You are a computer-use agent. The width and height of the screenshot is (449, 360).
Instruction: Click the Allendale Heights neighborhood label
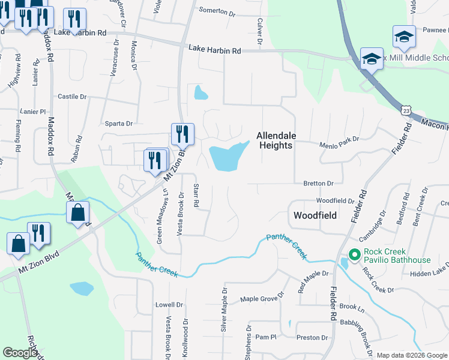point(276,140)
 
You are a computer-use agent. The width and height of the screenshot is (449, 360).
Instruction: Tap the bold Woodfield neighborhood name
point(315,215)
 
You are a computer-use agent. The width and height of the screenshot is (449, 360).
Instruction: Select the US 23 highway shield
point(407,110)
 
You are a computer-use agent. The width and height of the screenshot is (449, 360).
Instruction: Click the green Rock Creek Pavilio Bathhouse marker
point(354,256)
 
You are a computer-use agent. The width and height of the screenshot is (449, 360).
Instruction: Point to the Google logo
point(20,353)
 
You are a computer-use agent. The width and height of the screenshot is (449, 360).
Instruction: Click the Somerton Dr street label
point(217,11)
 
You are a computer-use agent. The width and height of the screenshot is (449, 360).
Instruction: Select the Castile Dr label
point(72,96)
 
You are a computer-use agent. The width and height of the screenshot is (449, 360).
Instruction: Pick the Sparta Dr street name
point(118,124)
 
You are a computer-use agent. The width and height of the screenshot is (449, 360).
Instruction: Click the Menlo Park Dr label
point(339,139)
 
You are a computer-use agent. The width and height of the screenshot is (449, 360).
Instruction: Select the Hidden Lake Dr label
point(429,274)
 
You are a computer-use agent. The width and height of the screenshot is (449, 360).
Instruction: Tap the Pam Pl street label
point(265,337)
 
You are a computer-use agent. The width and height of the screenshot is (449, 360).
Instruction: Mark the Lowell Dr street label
point(168,304)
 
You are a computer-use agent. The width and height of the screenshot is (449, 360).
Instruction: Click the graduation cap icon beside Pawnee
point(404,37)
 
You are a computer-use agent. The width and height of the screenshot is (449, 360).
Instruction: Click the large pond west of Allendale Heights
point(225,158)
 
